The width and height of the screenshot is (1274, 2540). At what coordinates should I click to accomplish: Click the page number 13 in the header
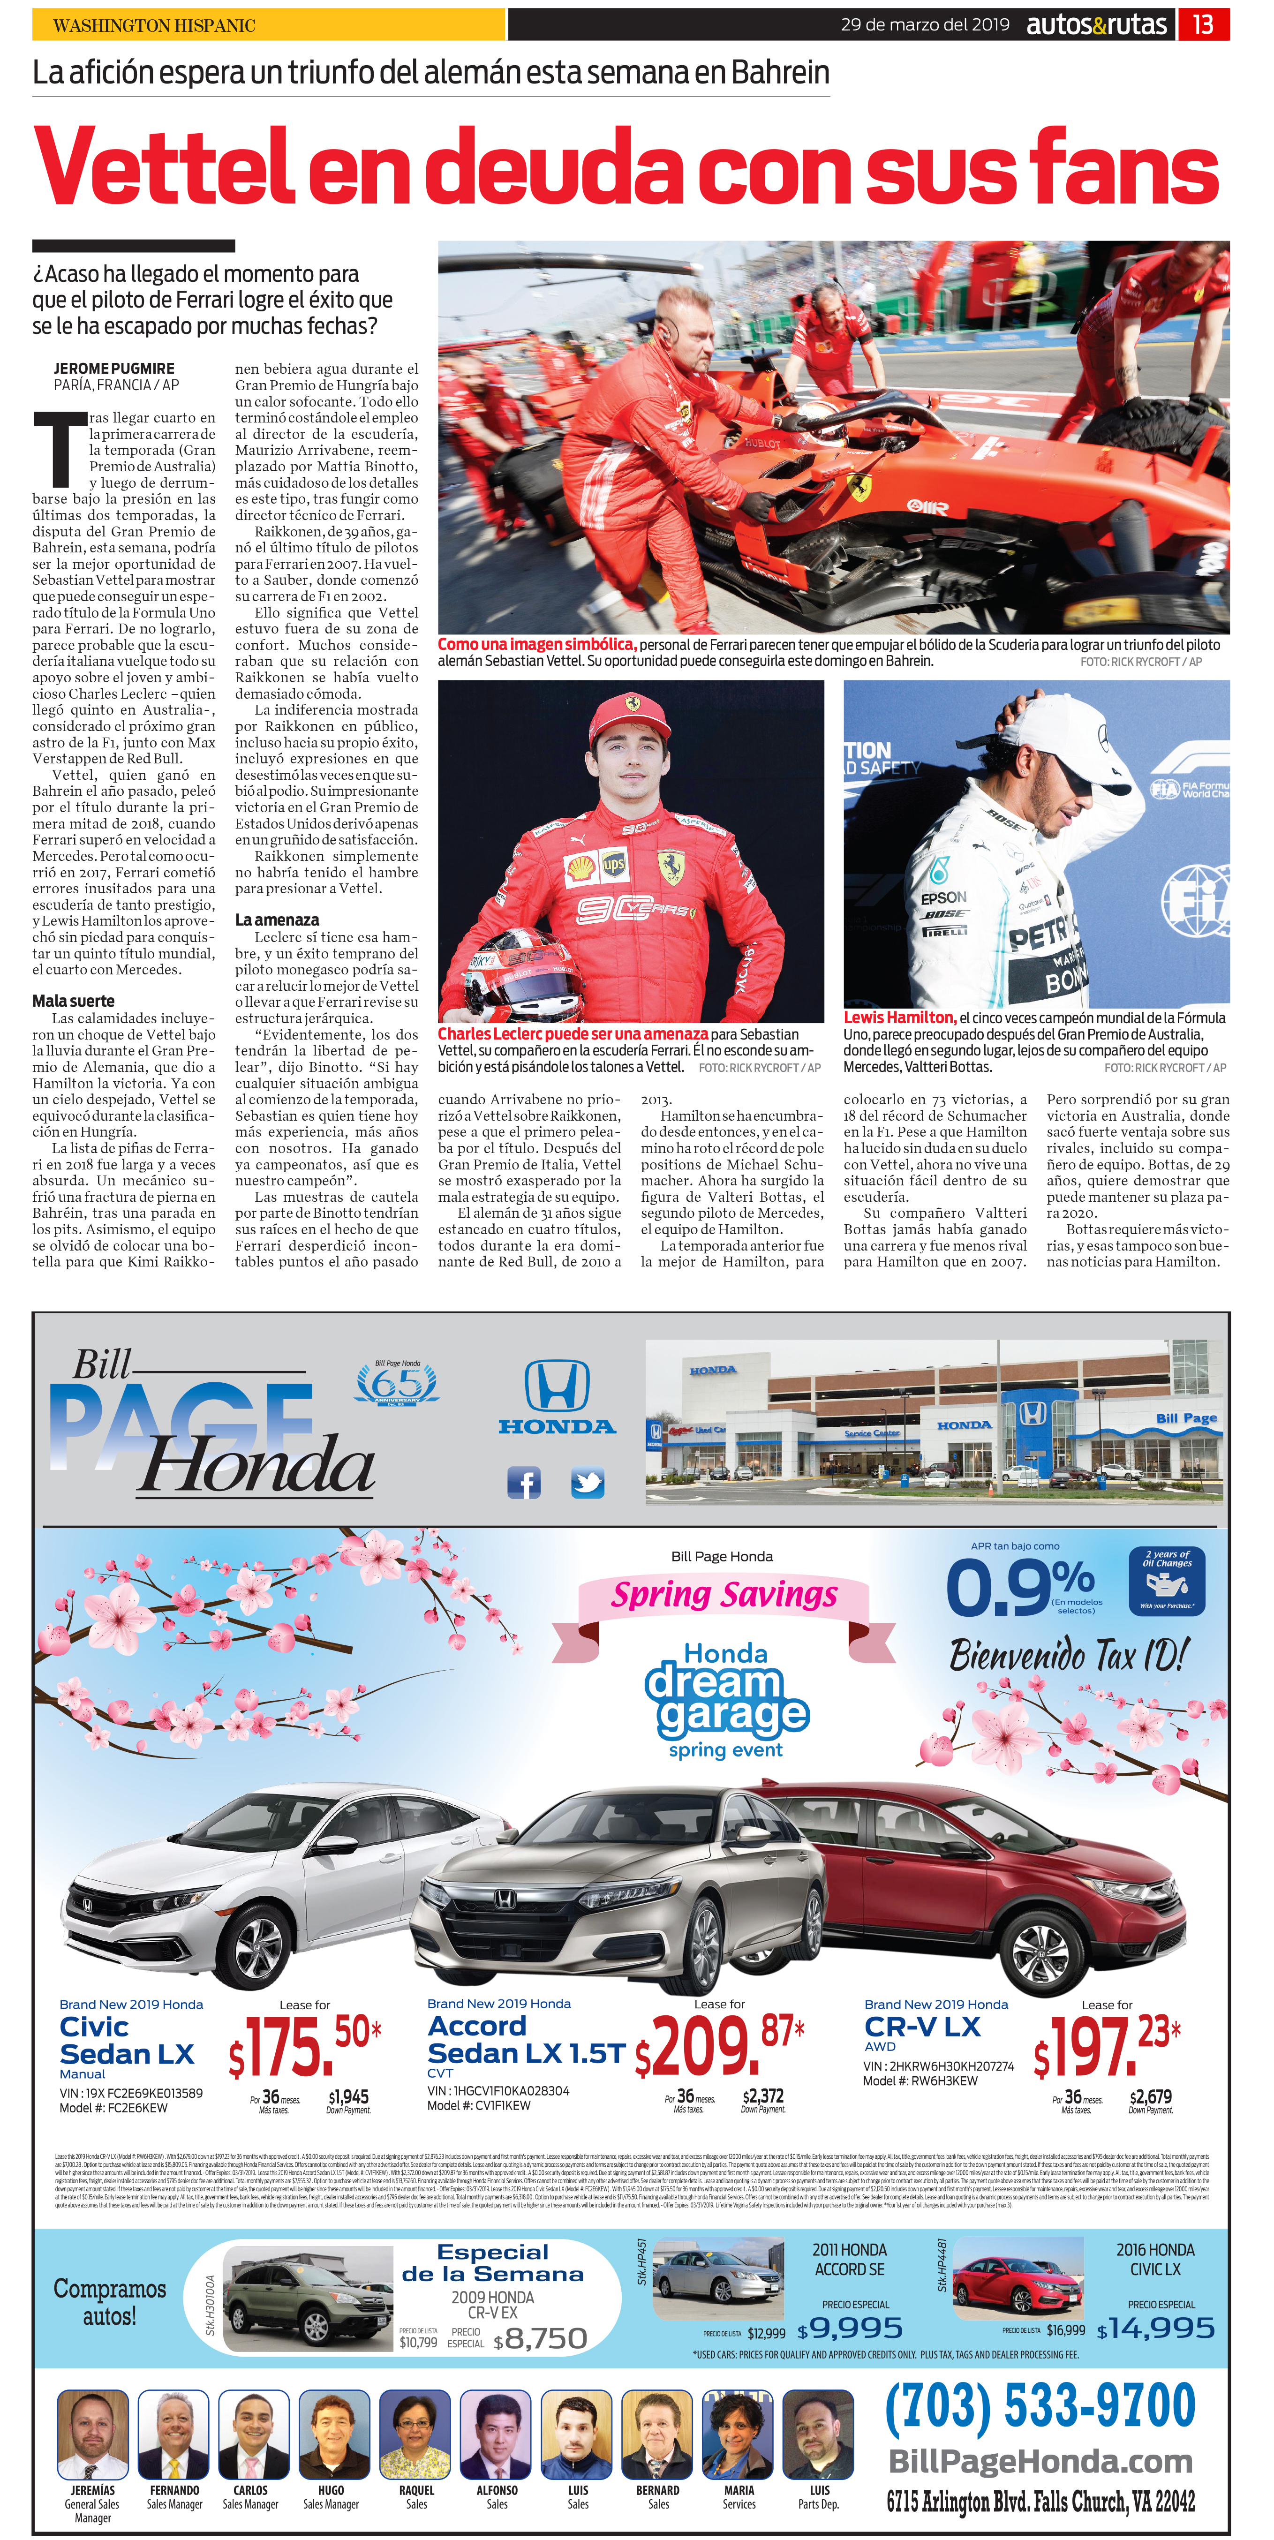click(x=1203, y=25)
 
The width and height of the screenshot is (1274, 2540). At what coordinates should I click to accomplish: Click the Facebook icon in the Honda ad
click(x=524, y=1482)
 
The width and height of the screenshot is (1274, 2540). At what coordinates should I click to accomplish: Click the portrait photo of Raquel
click(x=416, y=2434)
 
